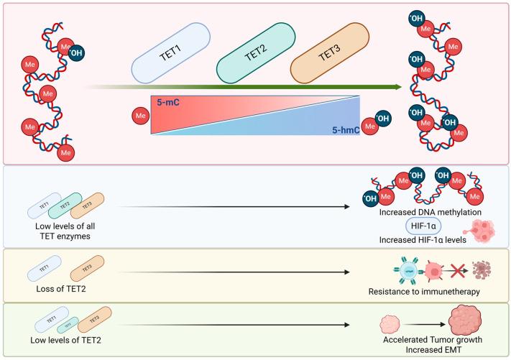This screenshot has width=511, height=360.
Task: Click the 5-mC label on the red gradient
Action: click(167, 103)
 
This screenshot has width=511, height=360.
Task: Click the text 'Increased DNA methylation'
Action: click(420, 211)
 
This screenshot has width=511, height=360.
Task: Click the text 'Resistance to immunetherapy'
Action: click(423, 292)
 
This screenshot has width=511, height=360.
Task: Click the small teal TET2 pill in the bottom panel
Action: click(65, 324)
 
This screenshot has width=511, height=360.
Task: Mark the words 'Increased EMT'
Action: click(423, 351)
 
